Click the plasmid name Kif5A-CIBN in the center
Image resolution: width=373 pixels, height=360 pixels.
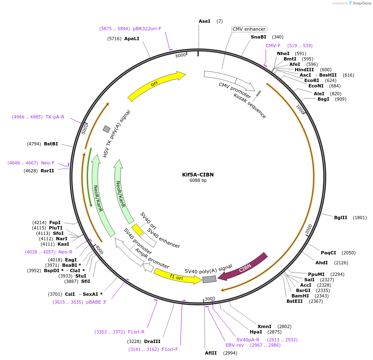[198, 174]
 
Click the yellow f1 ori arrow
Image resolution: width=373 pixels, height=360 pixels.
[177, 276]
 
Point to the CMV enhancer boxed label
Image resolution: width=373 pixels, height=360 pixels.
[249, 29]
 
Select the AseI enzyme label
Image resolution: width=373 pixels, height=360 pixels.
[205, 21]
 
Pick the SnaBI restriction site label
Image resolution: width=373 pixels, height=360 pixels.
[258, 37]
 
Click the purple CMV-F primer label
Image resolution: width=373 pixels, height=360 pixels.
[273, 46]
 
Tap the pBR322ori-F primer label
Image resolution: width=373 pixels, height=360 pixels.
[147, 29]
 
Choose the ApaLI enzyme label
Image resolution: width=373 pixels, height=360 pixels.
[132, 39]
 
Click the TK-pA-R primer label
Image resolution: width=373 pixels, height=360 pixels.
[55, 117]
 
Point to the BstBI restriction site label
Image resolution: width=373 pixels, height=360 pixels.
[51, 144]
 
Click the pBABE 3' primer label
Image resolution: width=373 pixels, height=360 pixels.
[96, 302]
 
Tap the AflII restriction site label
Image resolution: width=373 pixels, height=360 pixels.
[211, 353]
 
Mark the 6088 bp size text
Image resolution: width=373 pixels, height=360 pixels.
[198, 180]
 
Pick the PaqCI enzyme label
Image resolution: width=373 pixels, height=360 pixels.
[328, 253]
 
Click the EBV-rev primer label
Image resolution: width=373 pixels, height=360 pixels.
[235, 345]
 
